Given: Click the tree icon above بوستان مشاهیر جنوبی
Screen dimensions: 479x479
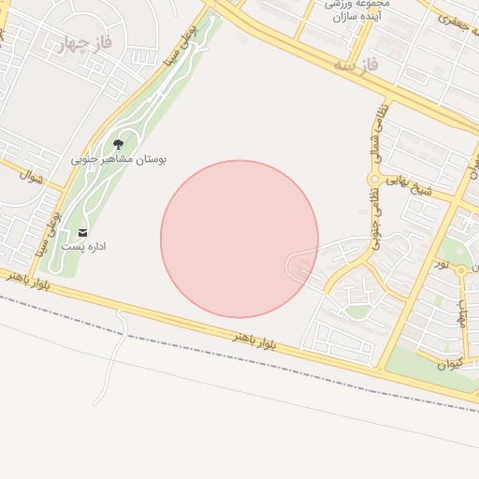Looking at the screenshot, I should pos(119,144).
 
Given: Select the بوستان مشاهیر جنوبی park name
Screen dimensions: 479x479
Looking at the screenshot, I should pos(119,160).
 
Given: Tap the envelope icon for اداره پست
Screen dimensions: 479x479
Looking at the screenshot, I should pos(84,232).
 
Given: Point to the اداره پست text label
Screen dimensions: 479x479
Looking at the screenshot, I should pos(84,246).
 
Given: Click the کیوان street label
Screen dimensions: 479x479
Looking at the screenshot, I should pos(450,364).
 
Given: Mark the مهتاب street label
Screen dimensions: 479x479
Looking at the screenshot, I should pos(461,308).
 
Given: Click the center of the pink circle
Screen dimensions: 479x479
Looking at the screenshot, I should pos(239,239).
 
